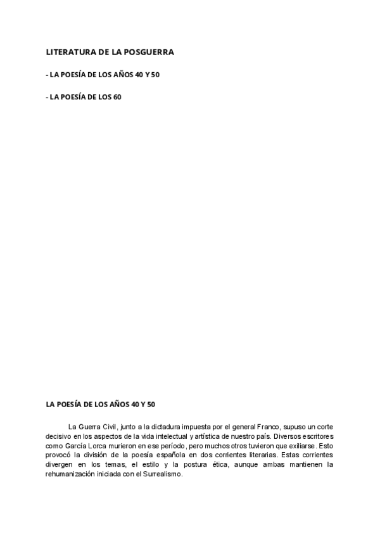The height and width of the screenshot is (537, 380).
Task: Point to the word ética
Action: point(217,465)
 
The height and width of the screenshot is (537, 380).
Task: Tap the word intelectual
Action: point(167,436)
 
